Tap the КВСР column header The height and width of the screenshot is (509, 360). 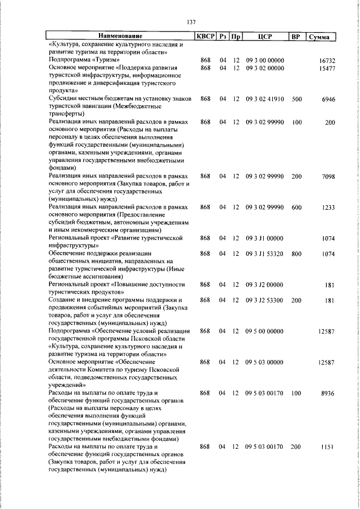click(205, 37)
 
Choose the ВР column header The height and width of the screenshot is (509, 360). click(295, 37)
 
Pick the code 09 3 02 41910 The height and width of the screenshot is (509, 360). click(265, 98)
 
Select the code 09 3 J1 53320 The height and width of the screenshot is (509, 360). click(265, 254)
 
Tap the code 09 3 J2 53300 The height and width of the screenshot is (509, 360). click(265, 301)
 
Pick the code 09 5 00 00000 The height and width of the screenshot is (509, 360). click(265, 332)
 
